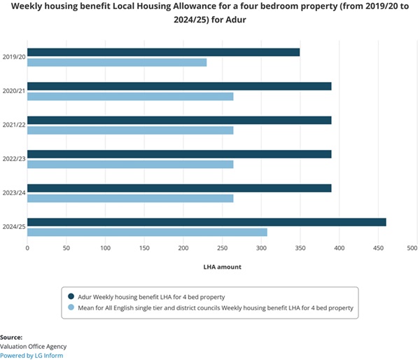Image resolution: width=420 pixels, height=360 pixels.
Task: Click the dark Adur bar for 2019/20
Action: pyautogui.click(x=163, y=52)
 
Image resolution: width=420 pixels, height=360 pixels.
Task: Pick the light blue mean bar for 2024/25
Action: pyautogui.click(x=147, y=232)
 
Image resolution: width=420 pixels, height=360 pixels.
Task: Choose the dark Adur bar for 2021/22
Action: pyautogui.click(x=179, y=120)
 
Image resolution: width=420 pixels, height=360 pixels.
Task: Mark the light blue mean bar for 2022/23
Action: pyautogui.click(x=130, y=164)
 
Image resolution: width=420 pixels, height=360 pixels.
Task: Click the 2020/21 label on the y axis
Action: pyautogui.click(x=13, y=91)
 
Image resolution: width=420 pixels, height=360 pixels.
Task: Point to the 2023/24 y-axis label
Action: pyautogui.click(x=13, y=193)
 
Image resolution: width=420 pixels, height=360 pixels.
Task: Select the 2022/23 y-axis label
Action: pyautogui.click(x=13, y=159)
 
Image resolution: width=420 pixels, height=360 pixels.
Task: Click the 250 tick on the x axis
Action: pyautogui.click(x=223, y=247)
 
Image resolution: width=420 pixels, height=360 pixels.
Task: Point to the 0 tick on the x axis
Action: pyautogui.click(x=27, y=247)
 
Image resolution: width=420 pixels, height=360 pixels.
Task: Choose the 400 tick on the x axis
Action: pyautogui.click(x=339, y=247)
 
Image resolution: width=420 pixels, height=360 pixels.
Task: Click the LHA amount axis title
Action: pyautogui.click(x=222, y=267)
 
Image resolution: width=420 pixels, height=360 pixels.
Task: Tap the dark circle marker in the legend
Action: pyautogui.click(x=71, y=297)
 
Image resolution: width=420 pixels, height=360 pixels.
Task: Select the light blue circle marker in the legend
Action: pyautogui.click(x=71, y=307)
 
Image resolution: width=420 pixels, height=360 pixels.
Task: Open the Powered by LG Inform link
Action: pyautogui.click(x=31, y=355)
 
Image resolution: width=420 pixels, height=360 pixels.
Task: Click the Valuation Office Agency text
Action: pyautogui.click(x=34, y=346)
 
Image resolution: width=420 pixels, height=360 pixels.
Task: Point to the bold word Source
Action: pyautogui.click(x=11, y=337)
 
